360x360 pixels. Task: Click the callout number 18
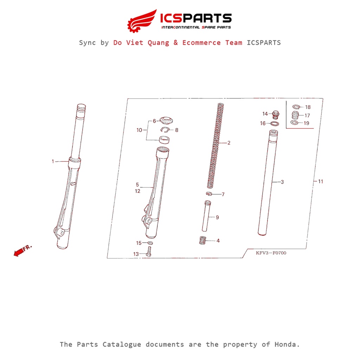coord(308,107)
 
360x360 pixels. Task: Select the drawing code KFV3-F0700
coord(271,253)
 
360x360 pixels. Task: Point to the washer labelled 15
coord(150,243)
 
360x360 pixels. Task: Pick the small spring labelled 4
coord(202,241)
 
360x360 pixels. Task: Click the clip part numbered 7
coord(208,194)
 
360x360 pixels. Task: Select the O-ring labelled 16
coord(275,124)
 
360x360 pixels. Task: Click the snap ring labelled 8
coord(166,130)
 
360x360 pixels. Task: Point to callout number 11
coord(320,181)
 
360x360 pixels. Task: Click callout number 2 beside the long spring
coord(229,143)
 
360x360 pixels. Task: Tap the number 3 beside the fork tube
coord(282,182)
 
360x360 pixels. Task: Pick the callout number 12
coord(137,191)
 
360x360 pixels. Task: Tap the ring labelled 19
coord(295,123)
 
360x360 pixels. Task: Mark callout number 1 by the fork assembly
coord(53,161)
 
